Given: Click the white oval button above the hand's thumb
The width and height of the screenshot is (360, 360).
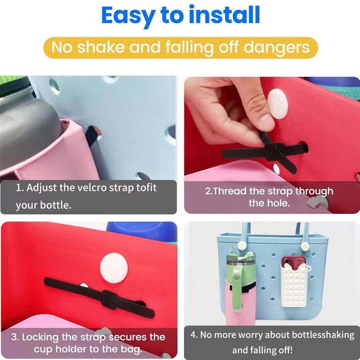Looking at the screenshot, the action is [278, 104].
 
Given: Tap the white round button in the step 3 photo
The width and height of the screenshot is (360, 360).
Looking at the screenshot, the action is [114, 268].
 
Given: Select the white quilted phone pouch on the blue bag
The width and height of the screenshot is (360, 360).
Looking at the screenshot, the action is [294, 285].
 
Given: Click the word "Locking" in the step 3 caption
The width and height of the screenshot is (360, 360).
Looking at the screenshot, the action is [40, 337].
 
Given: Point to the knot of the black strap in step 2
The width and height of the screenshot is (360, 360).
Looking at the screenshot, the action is [274, 151].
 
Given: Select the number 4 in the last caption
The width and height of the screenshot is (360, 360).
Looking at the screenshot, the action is [193, 335].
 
